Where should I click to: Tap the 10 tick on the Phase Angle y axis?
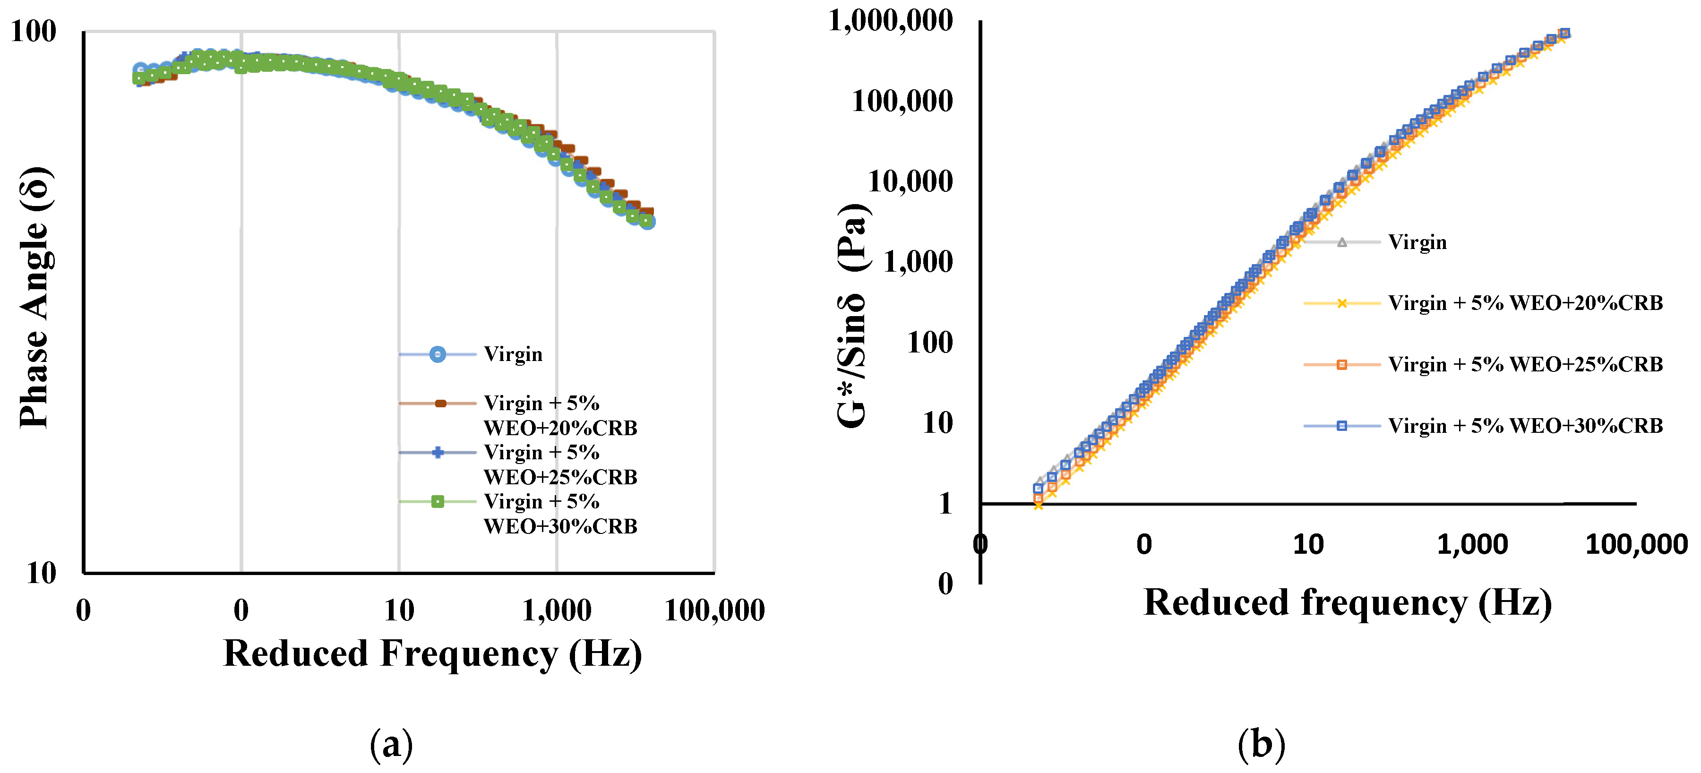pyautogui.click(x=41, y=572)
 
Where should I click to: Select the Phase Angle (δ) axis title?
pyautogui.click(x=34, y=297)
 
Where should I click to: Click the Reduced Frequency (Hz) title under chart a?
pyautogui.click(x=432, y=653)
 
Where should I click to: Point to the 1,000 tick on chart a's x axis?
pyautogui.click(x=557, y=610)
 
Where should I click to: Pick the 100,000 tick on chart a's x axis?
pyautogui.click(x=714, y=610)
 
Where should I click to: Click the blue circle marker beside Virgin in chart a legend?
pyautogui.click(x=437, y=354)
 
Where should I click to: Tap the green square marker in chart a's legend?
pyautogui.click(x=437, y=502)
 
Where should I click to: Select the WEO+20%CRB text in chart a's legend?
pyautogui.click(x=560, y=428)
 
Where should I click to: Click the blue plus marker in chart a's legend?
pyautogui.click(x=437, y=452)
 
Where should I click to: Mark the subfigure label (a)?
pyautogui.click(x=392, y=744)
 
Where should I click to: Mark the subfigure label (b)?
pyautogui.click(x=1261, y=744)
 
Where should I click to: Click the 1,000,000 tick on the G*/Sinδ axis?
pyautogui.click(x=890, y=20)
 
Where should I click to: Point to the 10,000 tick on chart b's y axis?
pyautogui.click(x=910, y=181)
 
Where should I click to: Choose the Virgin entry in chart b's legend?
pyautogui.click(x=1417, y=242)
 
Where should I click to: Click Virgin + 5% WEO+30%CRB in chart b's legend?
pyautogui.click(x=1525, y=426)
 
